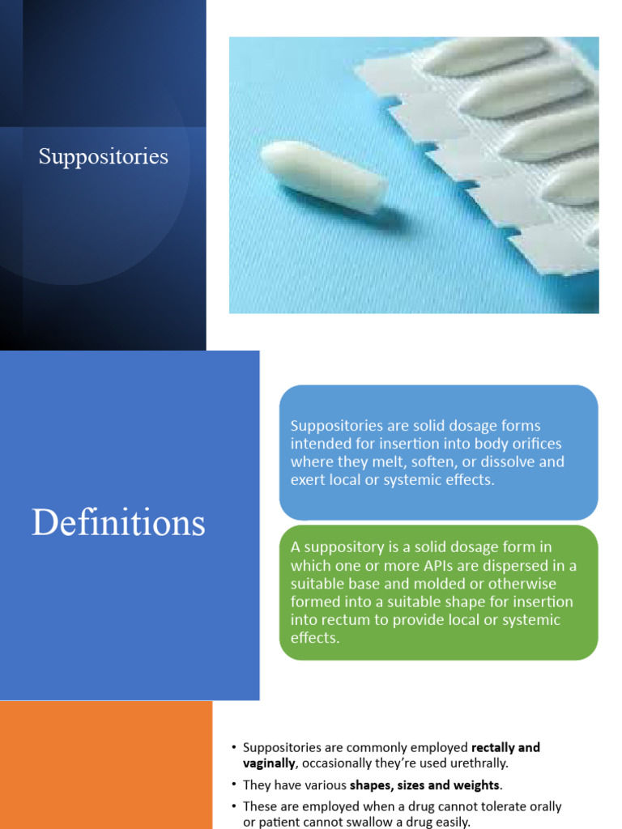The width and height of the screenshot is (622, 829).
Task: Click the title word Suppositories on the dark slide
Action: [x=104, y=156]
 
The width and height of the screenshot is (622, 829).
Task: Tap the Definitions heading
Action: [x=118, y=523]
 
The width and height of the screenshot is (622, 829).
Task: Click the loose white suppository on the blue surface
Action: [x=323, y=176]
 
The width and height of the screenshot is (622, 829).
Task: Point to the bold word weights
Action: [x=471, y=785]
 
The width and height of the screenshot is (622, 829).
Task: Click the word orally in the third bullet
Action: [x=543, y=807]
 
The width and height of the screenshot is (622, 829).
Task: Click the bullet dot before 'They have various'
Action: [x=233, y=785]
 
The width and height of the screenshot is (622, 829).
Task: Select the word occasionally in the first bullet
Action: [x=339, y=763]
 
